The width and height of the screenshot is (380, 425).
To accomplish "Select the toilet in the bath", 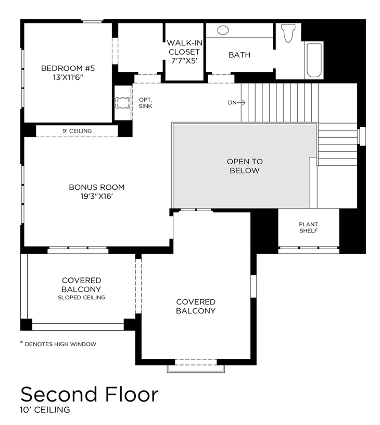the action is click(288, 33).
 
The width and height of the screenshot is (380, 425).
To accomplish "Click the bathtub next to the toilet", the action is click(314, 60).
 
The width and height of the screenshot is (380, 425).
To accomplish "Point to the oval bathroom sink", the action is click(223, 30).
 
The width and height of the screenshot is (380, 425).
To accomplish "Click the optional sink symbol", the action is click(123, 103).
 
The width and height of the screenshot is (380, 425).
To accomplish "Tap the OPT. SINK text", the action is click(146, 103).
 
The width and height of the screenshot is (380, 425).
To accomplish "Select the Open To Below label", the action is click(245, 166).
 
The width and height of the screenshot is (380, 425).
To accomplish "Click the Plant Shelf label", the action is click(308, 227).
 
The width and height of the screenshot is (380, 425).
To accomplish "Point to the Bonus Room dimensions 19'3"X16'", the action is click(97, 196).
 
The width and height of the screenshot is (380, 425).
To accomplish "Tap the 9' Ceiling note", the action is click(77, 131).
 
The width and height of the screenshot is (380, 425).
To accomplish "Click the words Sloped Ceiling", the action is click(82, 297).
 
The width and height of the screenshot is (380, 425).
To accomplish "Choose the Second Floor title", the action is click(90, 394).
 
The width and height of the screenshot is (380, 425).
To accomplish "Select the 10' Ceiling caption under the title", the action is click(45, 409).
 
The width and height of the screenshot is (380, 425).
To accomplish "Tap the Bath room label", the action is click(239, 55).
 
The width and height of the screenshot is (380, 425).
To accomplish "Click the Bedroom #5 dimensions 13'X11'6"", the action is click(68, 78).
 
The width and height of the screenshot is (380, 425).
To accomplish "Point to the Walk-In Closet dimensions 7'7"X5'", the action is click(184, 60).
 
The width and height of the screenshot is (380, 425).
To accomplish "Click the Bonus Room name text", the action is click(97, 187).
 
